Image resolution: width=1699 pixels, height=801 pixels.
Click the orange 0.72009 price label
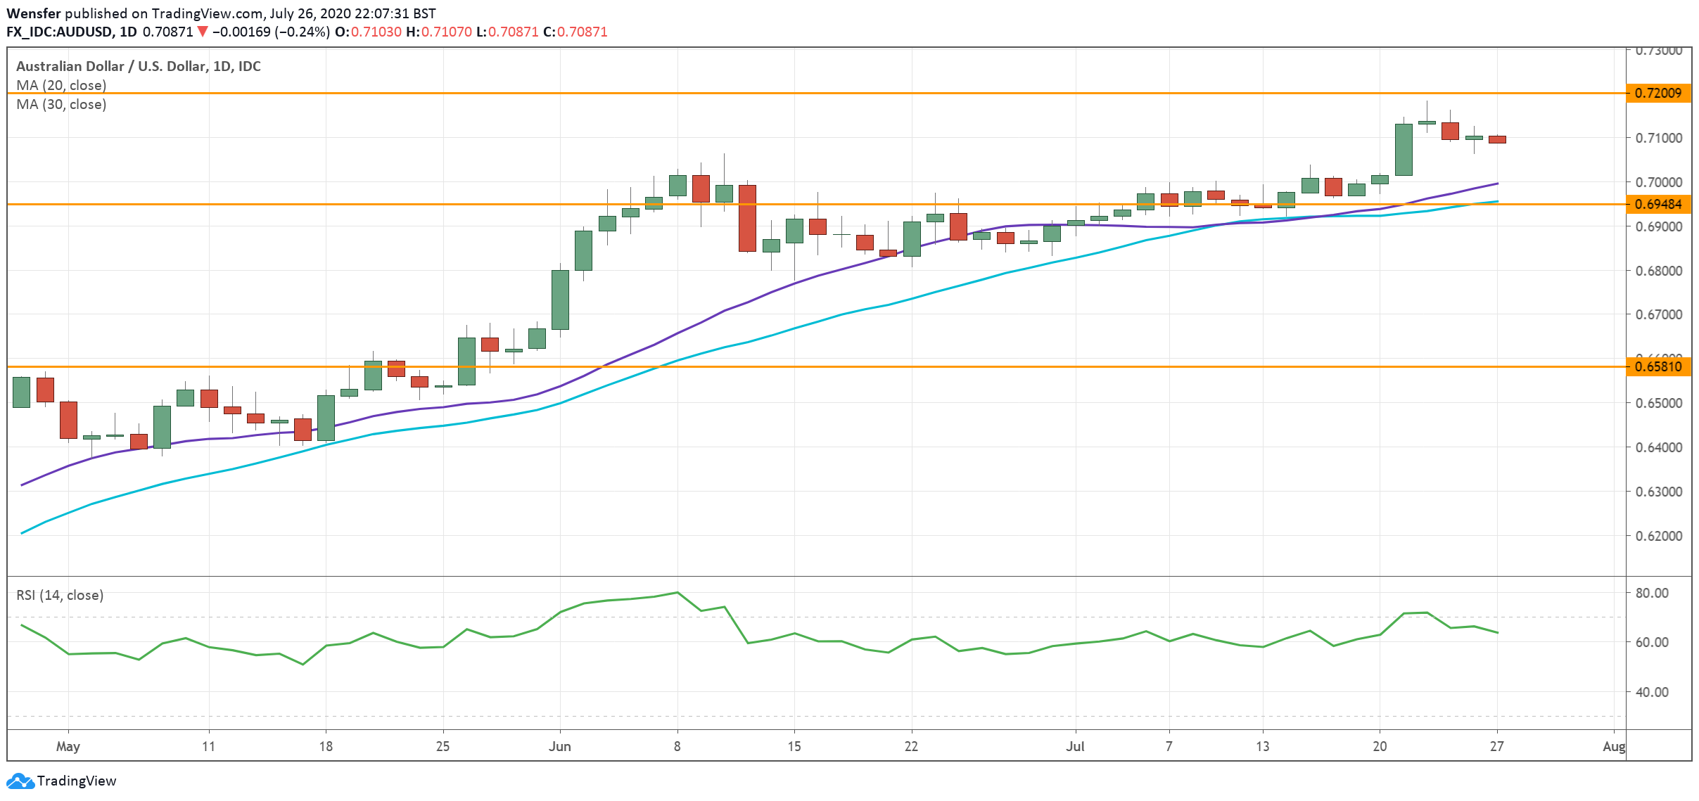point(1657,93)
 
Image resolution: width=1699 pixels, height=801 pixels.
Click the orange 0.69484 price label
point(1657,204)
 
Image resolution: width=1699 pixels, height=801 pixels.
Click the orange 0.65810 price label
point(1657,366)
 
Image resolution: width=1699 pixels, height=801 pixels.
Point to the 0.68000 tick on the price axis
point(1657,271)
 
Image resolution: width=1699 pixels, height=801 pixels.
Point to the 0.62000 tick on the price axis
point(1657,536)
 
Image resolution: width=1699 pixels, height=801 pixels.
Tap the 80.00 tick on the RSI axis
point(1651,593)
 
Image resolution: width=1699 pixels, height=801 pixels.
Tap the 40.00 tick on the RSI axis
point(1651,692)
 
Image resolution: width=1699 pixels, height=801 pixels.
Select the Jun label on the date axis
point(559,746)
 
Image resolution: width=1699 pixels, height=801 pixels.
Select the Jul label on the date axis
point(1074,746)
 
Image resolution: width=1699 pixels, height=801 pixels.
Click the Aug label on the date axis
point(1613,746)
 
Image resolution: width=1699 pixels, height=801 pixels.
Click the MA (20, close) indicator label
point(61,85)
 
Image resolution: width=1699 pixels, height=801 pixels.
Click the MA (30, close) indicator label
point(61,104)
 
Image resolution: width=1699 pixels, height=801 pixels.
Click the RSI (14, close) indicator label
point(60,595)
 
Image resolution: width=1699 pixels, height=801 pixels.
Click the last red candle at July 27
point(1497,139)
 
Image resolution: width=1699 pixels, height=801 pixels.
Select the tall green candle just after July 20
point(1404,149)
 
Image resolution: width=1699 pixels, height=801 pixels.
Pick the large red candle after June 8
point(747,218)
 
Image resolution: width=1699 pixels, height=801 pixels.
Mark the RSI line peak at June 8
point(677,592)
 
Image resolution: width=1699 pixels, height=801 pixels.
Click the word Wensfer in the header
point(34,13)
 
